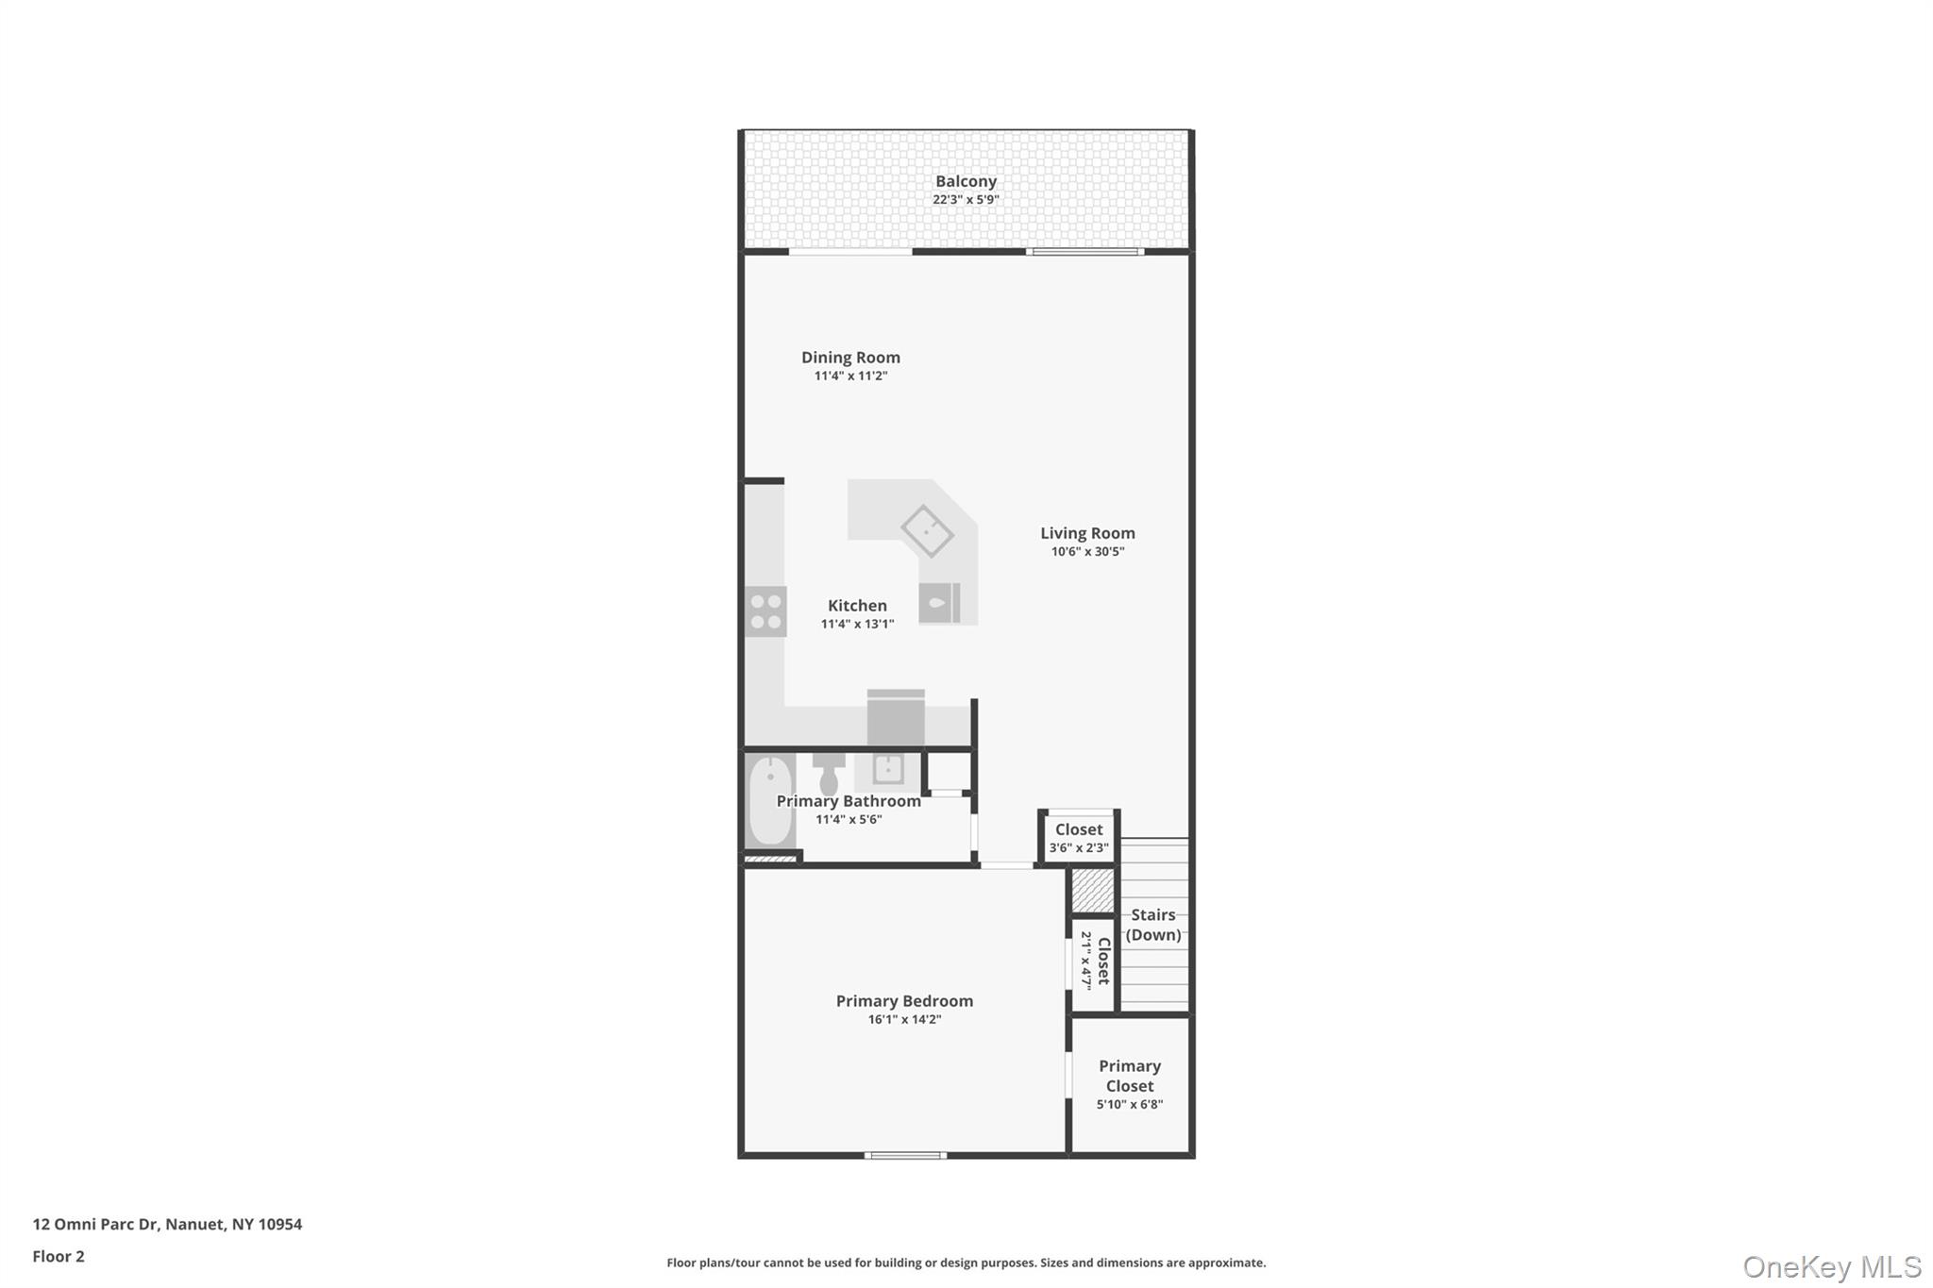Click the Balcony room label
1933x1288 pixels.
coord(966,181)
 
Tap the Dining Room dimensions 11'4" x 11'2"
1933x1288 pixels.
coord(850,376)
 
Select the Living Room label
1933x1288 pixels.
coord(1087,533)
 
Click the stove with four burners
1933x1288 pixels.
coord(765,611)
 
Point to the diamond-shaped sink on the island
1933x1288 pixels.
coord(927,530)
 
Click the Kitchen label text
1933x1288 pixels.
coord(857,606)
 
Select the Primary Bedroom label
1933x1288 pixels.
coord(904,1001)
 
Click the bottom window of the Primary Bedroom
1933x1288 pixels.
coord(905,1155)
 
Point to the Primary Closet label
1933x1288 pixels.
coord(1129,1076)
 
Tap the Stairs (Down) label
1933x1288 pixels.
coord(1153,925)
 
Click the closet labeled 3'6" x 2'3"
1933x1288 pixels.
coord(1079,837)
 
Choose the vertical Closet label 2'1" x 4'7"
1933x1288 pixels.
coord(1095,961)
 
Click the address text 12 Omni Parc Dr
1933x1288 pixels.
coord(167,1224)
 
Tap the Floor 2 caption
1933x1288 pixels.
coord(59,1256)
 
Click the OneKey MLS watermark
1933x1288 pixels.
coord(1831,1266)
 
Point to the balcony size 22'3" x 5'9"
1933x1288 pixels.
coord(966,200)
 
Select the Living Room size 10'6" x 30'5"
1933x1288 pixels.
coord(1087,552)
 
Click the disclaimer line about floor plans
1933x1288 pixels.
coord(966,1263)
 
